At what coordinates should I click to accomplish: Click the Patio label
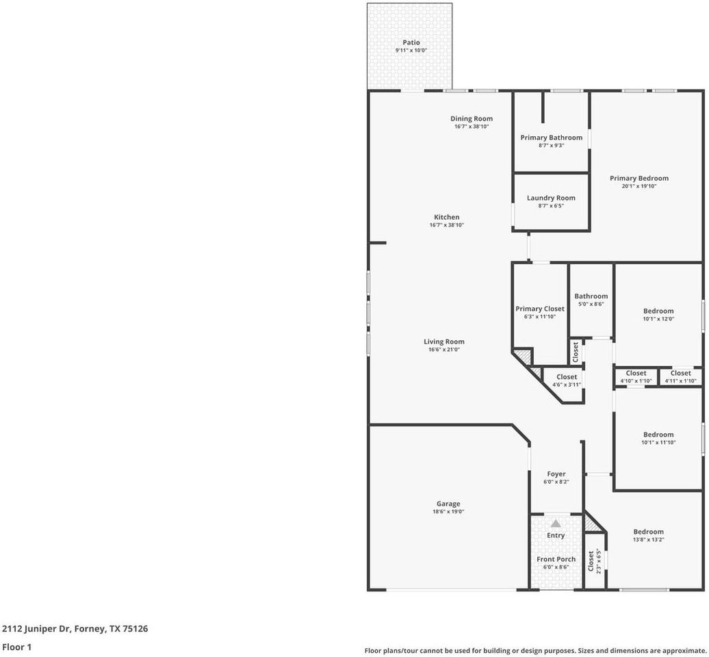coord(411,42)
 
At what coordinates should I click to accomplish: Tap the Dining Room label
coord(471,118)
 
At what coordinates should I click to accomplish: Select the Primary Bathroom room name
coord(551,138)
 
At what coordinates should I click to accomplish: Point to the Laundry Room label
coord(551,198)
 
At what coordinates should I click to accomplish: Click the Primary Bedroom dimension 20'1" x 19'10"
coord(639,186)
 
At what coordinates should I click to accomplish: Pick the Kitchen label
coord(446,217)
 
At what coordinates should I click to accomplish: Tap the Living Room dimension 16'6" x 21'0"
coord(444,350)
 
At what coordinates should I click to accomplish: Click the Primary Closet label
coord(540,309)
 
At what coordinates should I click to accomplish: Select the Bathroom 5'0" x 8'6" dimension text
coord(591,305)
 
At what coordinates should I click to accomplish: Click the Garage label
coord(448,504)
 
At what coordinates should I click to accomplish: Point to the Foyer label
coord(556,474)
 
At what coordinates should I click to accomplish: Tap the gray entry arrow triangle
coord(556,524)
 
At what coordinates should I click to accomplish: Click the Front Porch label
coord(556,559)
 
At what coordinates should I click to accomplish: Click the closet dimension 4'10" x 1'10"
coord(636,381)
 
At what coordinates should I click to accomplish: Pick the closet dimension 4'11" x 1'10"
coord(680,381)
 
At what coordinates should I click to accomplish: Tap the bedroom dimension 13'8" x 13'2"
coord(648,539)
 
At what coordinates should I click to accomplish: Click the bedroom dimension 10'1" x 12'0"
coord(658,319)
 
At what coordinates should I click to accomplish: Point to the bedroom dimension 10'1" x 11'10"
coord(658,443)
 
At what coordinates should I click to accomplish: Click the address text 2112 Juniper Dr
coord(36,628)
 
